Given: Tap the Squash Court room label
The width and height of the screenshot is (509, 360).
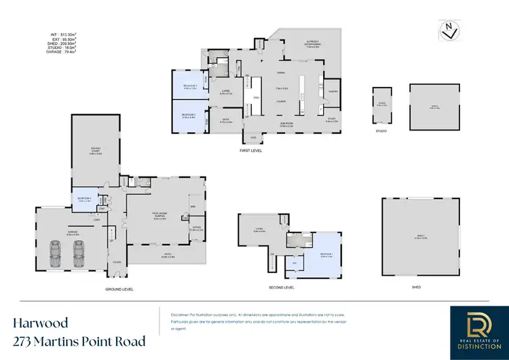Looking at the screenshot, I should point(95,153).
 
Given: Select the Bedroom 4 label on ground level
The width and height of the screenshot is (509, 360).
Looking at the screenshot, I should point(85,199).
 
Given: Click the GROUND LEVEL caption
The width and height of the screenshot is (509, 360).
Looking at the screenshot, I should point(119,289).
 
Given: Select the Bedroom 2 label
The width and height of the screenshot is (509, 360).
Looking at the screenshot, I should point(189,116).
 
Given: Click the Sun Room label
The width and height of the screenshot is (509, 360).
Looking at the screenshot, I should point(285,124).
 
